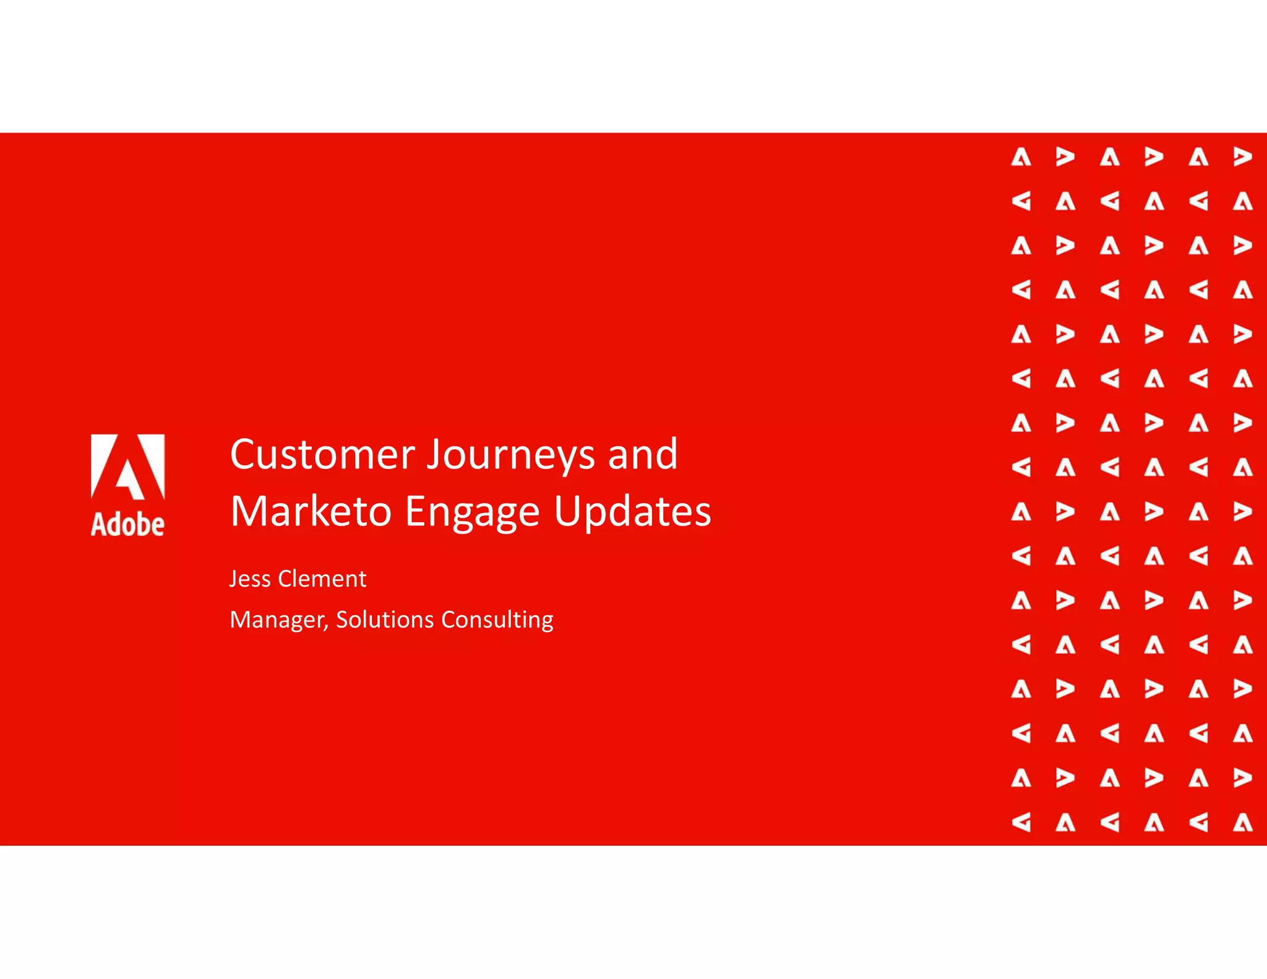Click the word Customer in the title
[x=322, y=455]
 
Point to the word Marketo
[x=311, y=512]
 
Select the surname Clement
[x=322, y=579]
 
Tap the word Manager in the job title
[x=278, y=620]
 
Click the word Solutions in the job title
[x=384, y=620]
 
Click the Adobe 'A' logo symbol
[x=128, y=467]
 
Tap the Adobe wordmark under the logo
[x=128, y=524]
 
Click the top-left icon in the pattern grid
[x=1021, y=157]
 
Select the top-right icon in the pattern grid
[x=1242, y=157]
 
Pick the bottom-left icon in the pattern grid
[x=1021, y=822]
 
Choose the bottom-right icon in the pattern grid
[x=1242, y=822]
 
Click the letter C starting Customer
[x=243, y=455]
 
